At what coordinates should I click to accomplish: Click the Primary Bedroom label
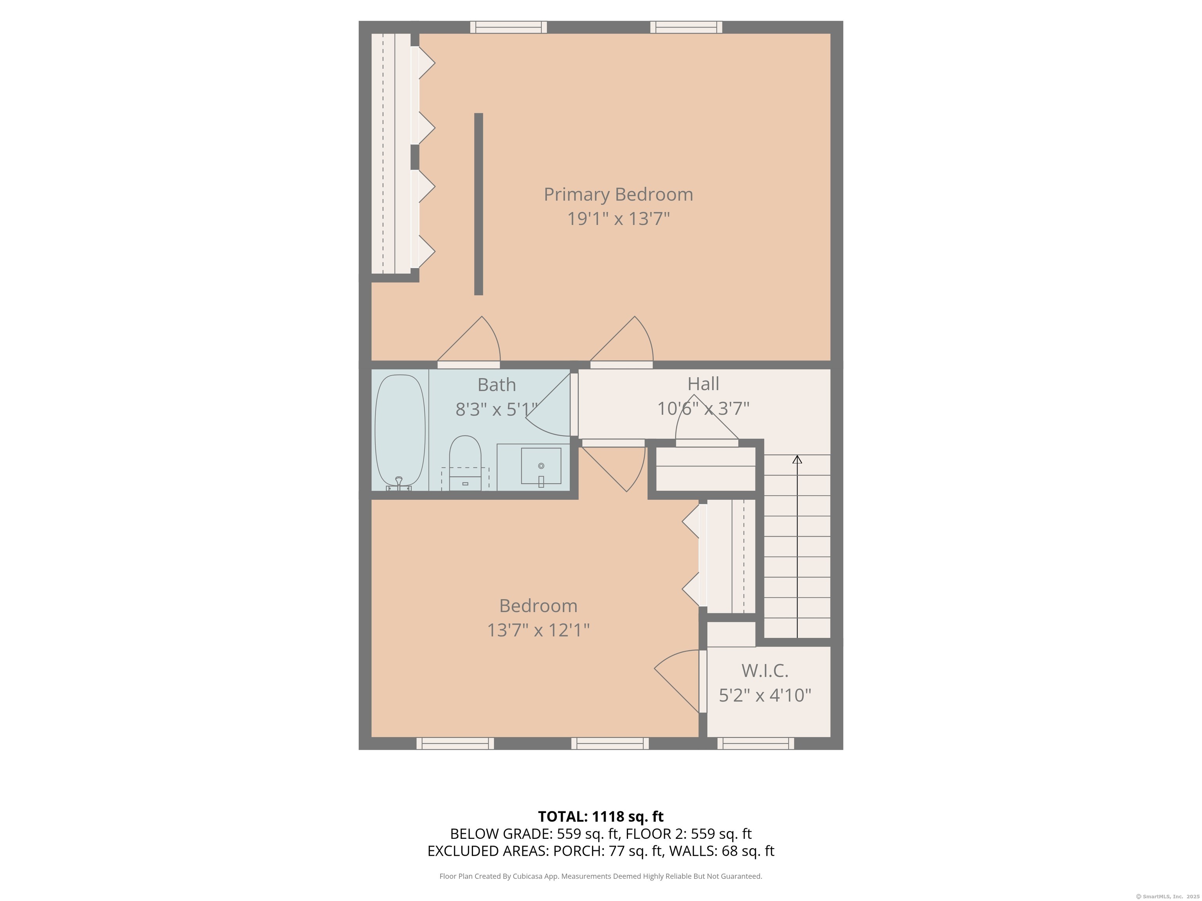click(618, 194)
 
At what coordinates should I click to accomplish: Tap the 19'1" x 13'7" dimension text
click(618, 219)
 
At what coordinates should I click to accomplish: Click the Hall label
click(703, 384)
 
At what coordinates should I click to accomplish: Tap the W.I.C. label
click(765, 671)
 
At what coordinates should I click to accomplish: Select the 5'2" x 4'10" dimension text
click(765, 695)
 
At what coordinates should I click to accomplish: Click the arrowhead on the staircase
click(797, 459)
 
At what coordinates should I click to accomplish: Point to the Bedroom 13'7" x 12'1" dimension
click(538, 630)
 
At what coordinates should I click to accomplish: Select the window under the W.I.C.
click(755, 743)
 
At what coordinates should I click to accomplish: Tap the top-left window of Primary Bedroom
click(508, 27)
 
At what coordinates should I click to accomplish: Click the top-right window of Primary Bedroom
click(686, 27)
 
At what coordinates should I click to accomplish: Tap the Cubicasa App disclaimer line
click(601, 876)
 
